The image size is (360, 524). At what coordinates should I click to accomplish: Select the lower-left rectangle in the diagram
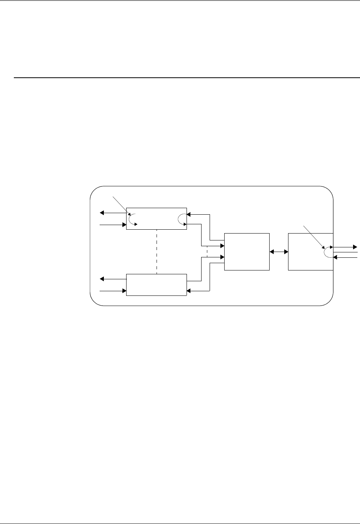point(156,285)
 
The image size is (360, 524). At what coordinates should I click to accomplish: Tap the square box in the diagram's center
point(247,252)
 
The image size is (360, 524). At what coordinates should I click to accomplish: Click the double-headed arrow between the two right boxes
point(279,252)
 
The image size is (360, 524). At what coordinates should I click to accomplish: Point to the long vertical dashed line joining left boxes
point(157,252)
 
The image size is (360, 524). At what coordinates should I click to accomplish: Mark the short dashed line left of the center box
point(207,252)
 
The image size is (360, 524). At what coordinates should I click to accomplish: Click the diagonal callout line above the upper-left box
point(120,204)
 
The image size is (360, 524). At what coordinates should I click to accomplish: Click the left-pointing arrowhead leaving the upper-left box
point(102,212)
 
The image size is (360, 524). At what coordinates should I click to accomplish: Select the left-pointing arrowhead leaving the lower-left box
point(102,279)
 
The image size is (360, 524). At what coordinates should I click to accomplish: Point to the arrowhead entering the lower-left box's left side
point(124,291)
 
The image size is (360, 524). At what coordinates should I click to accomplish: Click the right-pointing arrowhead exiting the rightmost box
point(355,246)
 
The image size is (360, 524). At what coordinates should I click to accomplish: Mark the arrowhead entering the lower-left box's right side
point(189,291)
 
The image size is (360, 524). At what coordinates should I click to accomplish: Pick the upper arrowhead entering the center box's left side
point(222,245)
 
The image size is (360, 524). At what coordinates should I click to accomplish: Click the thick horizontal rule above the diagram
point(185,78)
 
